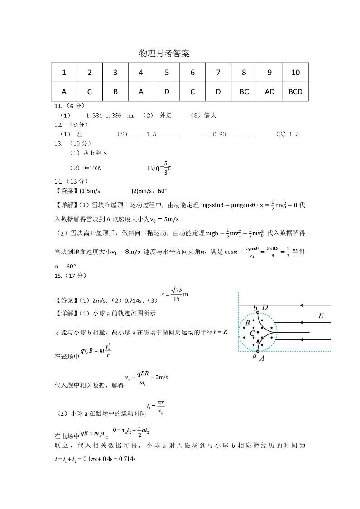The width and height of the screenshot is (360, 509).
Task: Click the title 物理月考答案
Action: [x=164, y=53]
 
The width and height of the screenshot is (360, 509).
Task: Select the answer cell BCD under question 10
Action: [x=295, y=92]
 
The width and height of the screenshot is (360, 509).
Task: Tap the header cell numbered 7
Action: [x=218, y=73]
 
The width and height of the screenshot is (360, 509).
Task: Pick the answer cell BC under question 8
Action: [x=244, y=92]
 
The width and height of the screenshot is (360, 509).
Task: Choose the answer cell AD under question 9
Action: [x=269, y=92]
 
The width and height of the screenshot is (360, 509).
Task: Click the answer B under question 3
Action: [x=115, y=92]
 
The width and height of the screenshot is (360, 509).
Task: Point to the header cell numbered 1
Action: [x=64, y=73]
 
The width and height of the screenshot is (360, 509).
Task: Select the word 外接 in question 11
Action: [x=166, y=116]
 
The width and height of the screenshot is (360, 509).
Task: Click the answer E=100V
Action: [x=86, y=168]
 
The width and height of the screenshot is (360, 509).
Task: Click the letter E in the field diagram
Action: [x=321, y=315]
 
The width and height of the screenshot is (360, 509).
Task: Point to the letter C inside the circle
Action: [x=252, y=334]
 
